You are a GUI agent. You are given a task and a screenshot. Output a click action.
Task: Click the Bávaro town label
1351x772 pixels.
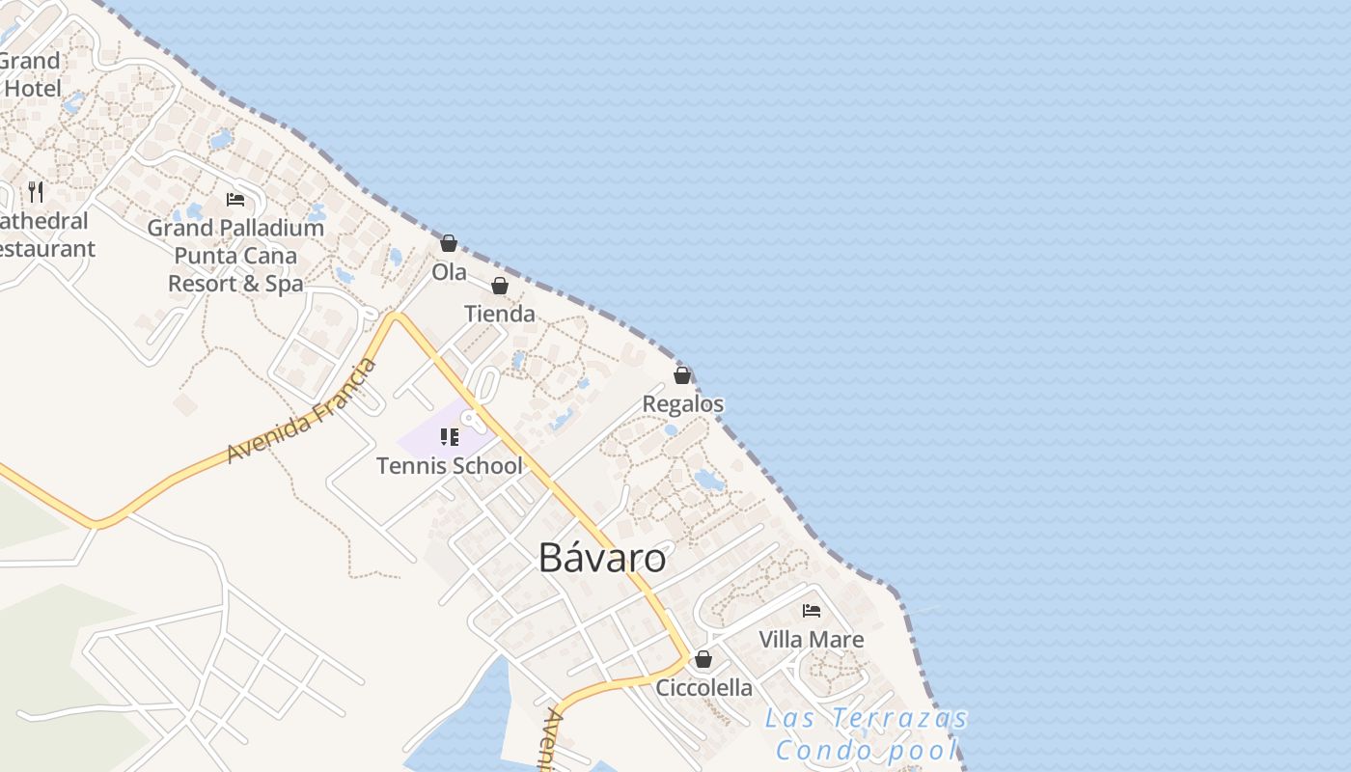[x=602, y=558]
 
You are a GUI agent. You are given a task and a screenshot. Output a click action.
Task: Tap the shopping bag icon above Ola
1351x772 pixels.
[x=449, y=243]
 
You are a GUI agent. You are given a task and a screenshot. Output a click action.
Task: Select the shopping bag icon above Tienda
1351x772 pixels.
[x=500, y=286]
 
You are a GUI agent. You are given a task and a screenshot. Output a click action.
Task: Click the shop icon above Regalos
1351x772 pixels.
[x=682, y=375]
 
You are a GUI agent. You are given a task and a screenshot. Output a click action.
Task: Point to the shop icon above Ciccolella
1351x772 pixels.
[x=703, y=659]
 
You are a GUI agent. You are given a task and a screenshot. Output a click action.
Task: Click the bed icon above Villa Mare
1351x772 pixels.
[x=812, y=611]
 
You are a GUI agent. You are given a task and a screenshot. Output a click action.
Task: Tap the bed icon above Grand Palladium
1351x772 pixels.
[x=235, y=200]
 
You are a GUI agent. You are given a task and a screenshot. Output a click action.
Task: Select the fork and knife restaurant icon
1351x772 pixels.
[x=36, y=191]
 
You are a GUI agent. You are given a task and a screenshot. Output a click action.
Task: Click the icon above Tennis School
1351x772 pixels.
[x=449, y=437]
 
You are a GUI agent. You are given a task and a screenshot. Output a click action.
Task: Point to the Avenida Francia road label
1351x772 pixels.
[x=302, y=411]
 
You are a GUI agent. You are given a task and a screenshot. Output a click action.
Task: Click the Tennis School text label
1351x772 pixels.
[x=449, y=466]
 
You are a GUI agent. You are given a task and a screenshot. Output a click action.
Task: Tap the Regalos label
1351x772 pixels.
[x=683, y=403]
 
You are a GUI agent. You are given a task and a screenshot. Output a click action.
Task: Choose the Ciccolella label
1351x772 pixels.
[x=703, y=688]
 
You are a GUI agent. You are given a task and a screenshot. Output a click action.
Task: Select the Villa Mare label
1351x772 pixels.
[x=812, y=639]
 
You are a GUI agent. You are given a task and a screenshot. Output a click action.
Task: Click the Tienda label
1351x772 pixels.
[x=500, y=314]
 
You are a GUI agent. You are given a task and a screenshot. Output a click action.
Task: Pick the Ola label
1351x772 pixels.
[x=449, y=272]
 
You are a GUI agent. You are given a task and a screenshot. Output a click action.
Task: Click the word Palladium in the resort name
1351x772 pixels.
[x=271, y=229]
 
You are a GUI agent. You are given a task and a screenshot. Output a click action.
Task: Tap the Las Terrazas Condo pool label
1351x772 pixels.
[x=867, y=734]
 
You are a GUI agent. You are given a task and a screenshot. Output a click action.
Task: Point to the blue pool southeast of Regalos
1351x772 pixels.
[x=708, y=479]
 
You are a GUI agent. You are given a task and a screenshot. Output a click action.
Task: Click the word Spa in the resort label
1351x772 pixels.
[x=284, y=284]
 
